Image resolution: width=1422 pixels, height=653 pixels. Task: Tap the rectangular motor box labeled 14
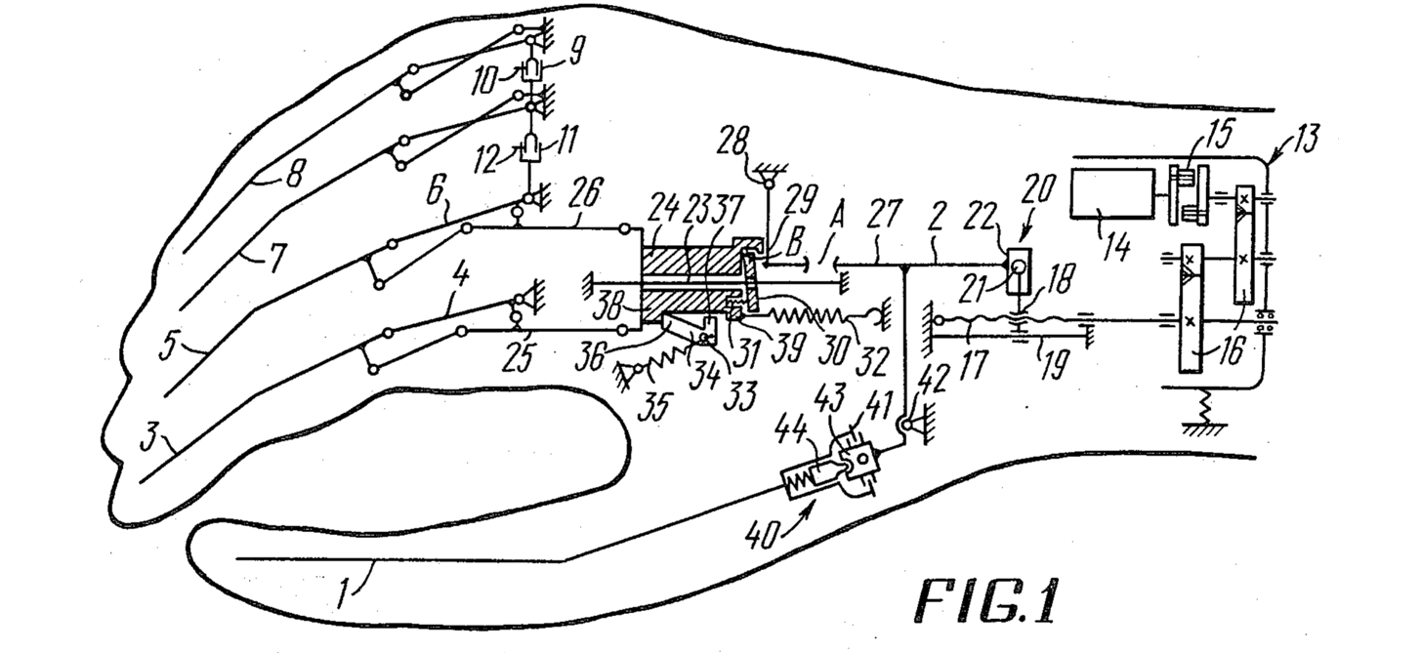1112,193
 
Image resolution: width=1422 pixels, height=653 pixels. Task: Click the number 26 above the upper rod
585,194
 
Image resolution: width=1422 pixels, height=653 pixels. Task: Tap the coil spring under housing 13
1204,406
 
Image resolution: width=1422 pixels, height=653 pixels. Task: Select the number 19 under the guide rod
1053,366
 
